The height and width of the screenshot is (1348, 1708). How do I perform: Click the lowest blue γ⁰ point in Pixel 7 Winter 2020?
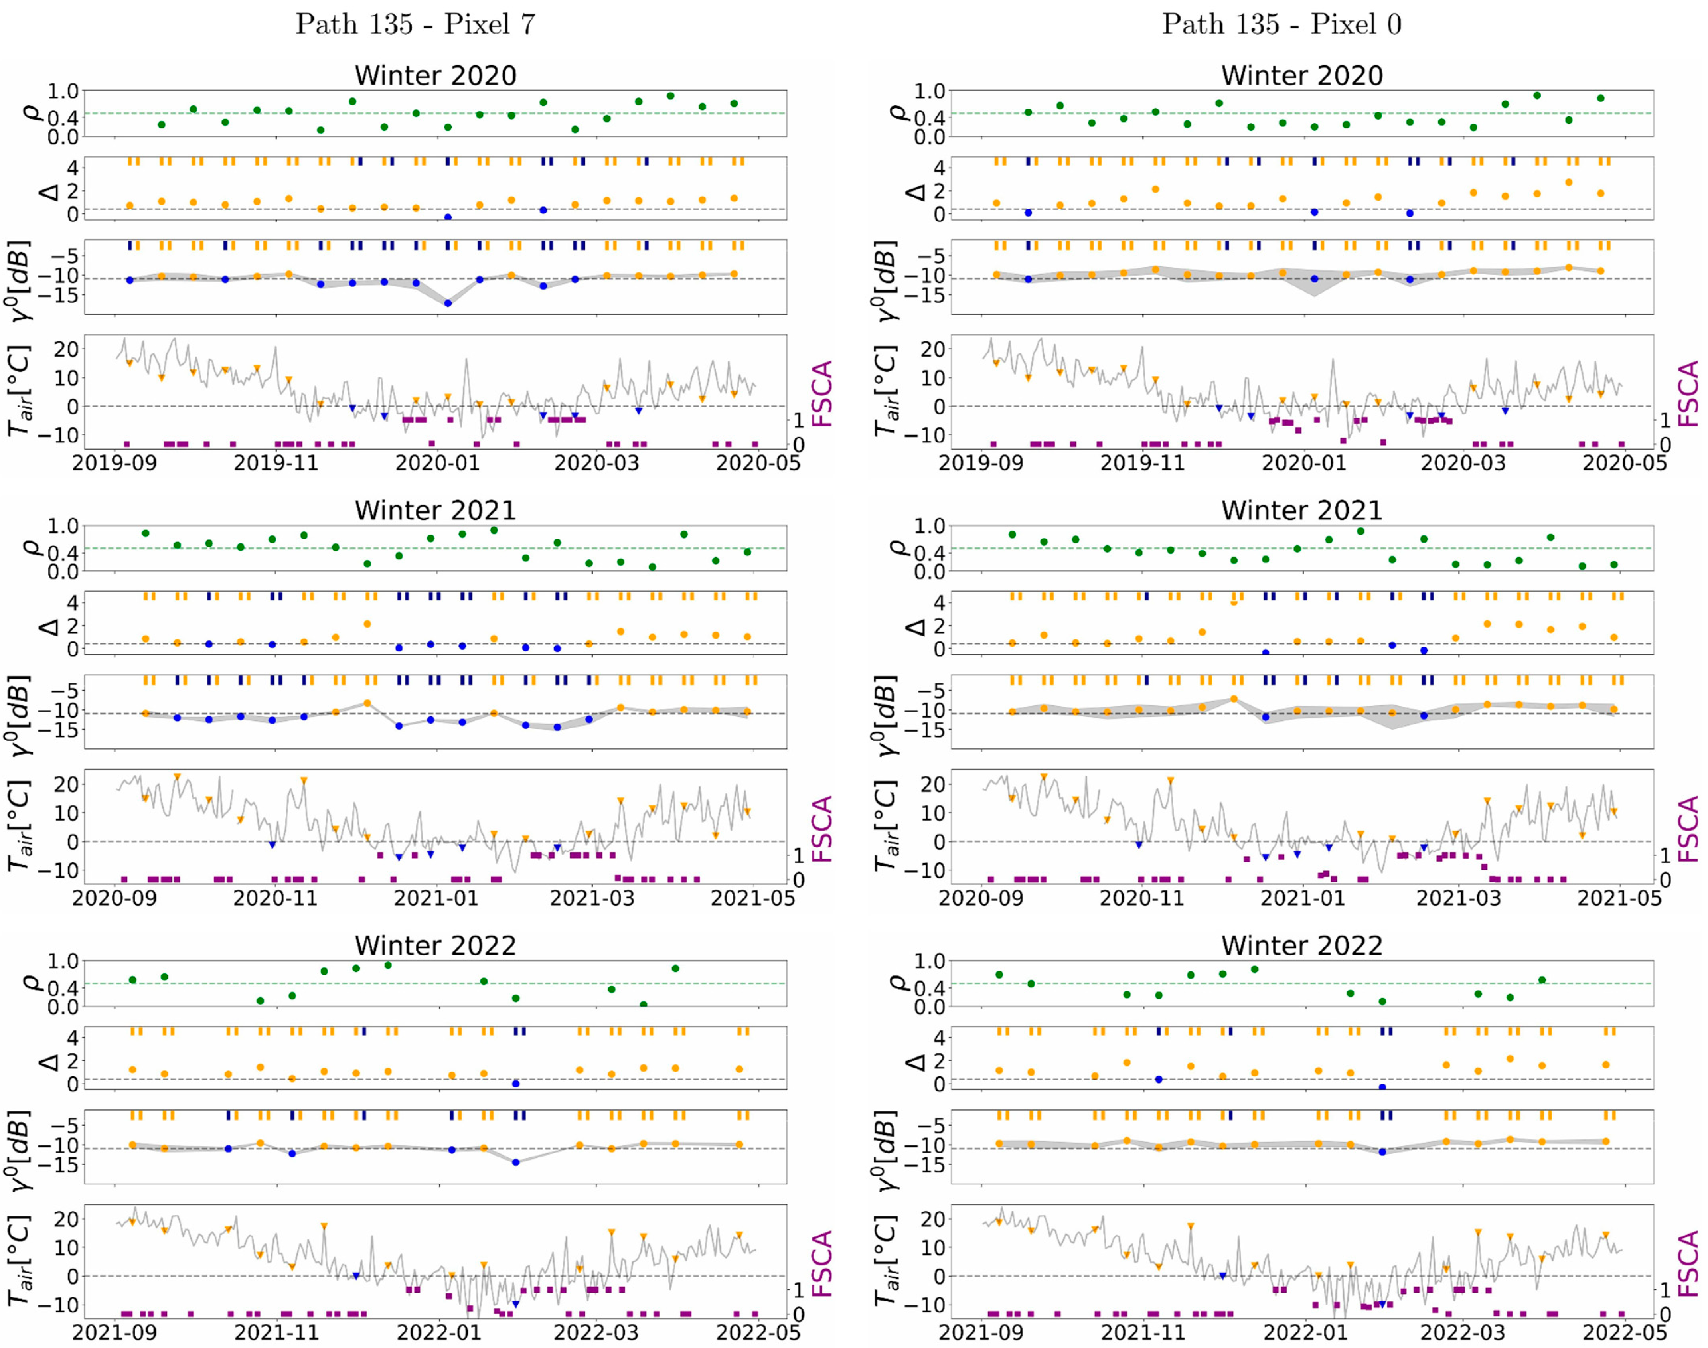pyautogui.click(x=448, y=303)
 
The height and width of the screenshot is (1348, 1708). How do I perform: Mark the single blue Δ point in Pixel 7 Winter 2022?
pyautogui.click(x=515, y=1084)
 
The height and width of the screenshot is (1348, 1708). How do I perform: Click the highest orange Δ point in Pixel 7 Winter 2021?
pyautogui.click(x=367, y=624)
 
